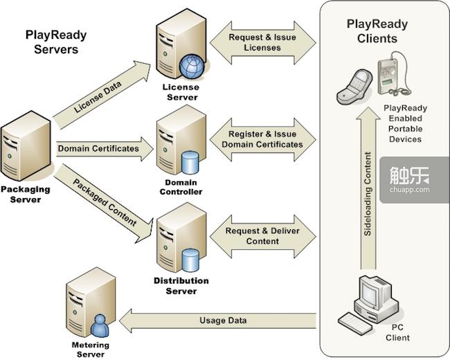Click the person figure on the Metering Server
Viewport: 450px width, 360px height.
(100, 323)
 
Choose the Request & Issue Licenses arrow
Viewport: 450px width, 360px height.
(262, 42)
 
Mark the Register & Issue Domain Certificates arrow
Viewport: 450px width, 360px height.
(262, 139)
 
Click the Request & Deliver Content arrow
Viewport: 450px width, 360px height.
(262, 236)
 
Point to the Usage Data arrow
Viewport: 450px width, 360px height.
(222, 321)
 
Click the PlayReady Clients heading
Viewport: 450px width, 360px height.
(377, 30)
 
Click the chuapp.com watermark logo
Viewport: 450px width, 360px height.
(414, 179)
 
